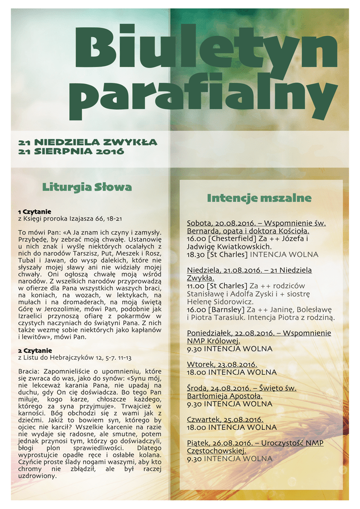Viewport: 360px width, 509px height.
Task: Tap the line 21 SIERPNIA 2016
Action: coord(71,151)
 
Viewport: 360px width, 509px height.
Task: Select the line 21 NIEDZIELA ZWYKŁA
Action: coord(88,142)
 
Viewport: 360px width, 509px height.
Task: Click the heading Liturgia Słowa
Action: coord(87,187)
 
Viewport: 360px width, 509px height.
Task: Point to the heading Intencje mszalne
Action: coord(259,198)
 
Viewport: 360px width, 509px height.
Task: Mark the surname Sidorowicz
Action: coord(232,302)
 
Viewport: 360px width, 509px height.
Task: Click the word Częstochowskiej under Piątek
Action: coord(217,451)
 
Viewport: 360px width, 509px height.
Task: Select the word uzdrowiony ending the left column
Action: coord(37,476)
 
